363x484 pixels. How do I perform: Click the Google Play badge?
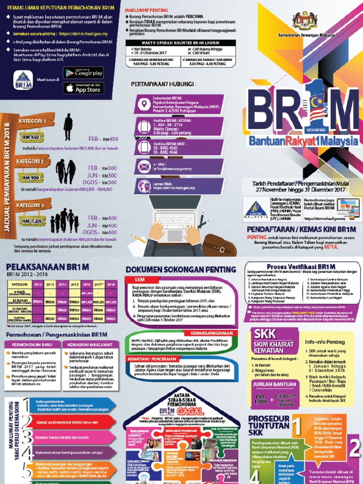tap(83, 72)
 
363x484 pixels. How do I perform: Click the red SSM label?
tap(133, 279)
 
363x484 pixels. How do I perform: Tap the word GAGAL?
tap(182, 406)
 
